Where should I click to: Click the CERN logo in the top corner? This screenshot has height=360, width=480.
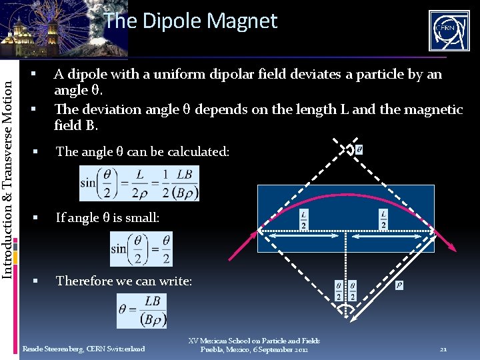tap(449, 31)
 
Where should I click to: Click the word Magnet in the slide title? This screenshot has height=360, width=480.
tap(242, 21)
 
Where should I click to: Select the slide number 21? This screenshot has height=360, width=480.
tap(443, 349)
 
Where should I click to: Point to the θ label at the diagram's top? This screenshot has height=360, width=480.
tap(359, 149)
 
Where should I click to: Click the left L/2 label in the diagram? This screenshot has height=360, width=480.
tap(303, 220)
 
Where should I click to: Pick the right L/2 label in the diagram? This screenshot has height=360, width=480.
tap(383, 220)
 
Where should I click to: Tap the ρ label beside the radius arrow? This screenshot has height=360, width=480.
tap(399, 285)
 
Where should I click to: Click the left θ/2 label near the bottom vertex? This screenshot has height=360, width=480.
tap(339, 291)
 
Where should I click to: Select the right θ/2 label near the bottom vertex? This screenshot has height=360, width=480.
tap(352, 291)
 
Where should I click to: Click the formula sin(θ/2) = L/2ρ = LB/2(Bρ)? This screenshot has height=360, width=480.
tap(139, 183)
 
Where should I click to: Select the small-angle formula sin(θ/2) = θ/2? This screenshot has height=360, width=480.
tap(141, 249)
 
